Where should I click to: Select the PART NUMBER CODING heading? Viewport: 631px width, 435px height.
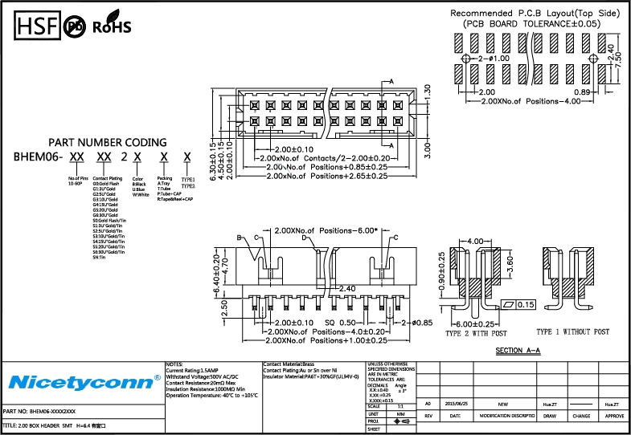coord(109,142)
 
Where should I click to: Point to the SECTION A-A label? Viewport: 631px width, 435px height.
coord(518,351)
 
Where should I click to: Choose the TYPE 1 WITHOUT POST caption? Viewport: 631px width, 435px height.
coord(572,331)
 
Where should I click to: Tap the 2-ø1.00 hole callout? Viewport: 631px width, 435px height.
coord(494,59)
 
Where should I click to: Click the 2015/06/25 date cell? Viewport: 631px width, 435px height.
coord(456,405)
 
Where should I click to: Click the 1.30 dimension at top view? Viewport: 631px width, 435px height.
coord(428,91)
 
